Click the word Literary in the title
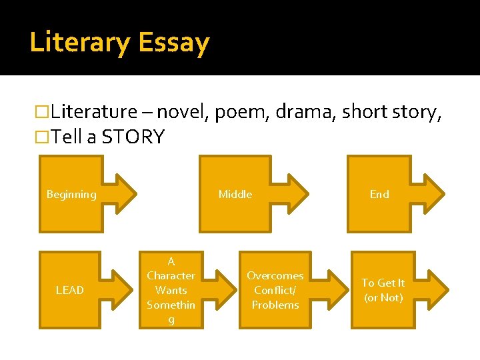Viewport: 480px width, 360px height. click(79, 43)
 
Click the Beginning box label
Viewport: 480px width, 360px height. click(71, 195)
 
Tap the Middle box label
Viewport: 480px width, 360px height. click(235, 195)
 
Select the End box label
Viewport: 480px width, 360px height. click(379, 195)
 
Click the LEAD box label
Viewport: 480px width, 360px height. click(70, 290)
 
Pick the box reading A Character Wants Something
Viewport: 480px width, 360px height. click(171, 290)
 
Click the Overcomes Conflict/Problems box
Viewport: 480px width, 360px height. click(275, 290)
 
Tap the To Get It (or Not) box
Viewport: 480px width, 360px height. click(383, 290)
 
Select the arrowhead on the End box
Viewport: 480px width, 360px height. click(431, 194)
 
